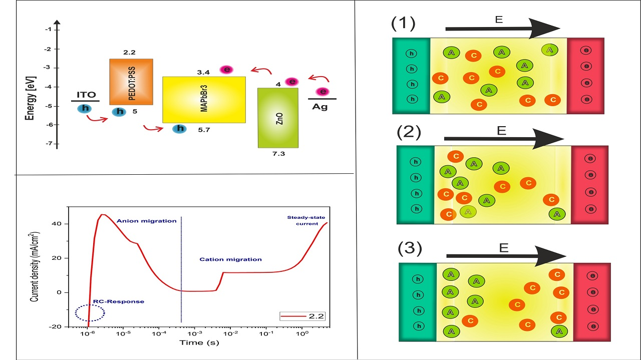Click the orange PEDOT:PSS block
click(131, 82)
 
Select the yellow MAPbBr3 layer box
click(204, 100)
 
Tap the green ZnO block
click(278, 118)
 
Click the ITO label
click(86, 95)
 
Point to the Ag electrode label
click(319, 107)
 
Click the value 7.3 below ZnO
click(278, 154)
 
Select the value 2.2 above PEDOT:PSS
click(129, 53)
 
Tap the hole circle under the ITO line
click(85, 109)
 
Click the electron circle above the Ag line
click(323, 92)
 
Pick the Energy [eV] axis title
click(31, 98)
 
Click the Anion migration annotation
click(147, 221)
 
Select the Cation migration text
click(231, 259)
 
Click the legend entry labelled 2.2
click(302, 316)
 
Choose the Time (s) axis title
click(199, 342)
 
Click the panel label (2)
click(409, 132)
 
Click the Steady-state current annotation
click(306, 221)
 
